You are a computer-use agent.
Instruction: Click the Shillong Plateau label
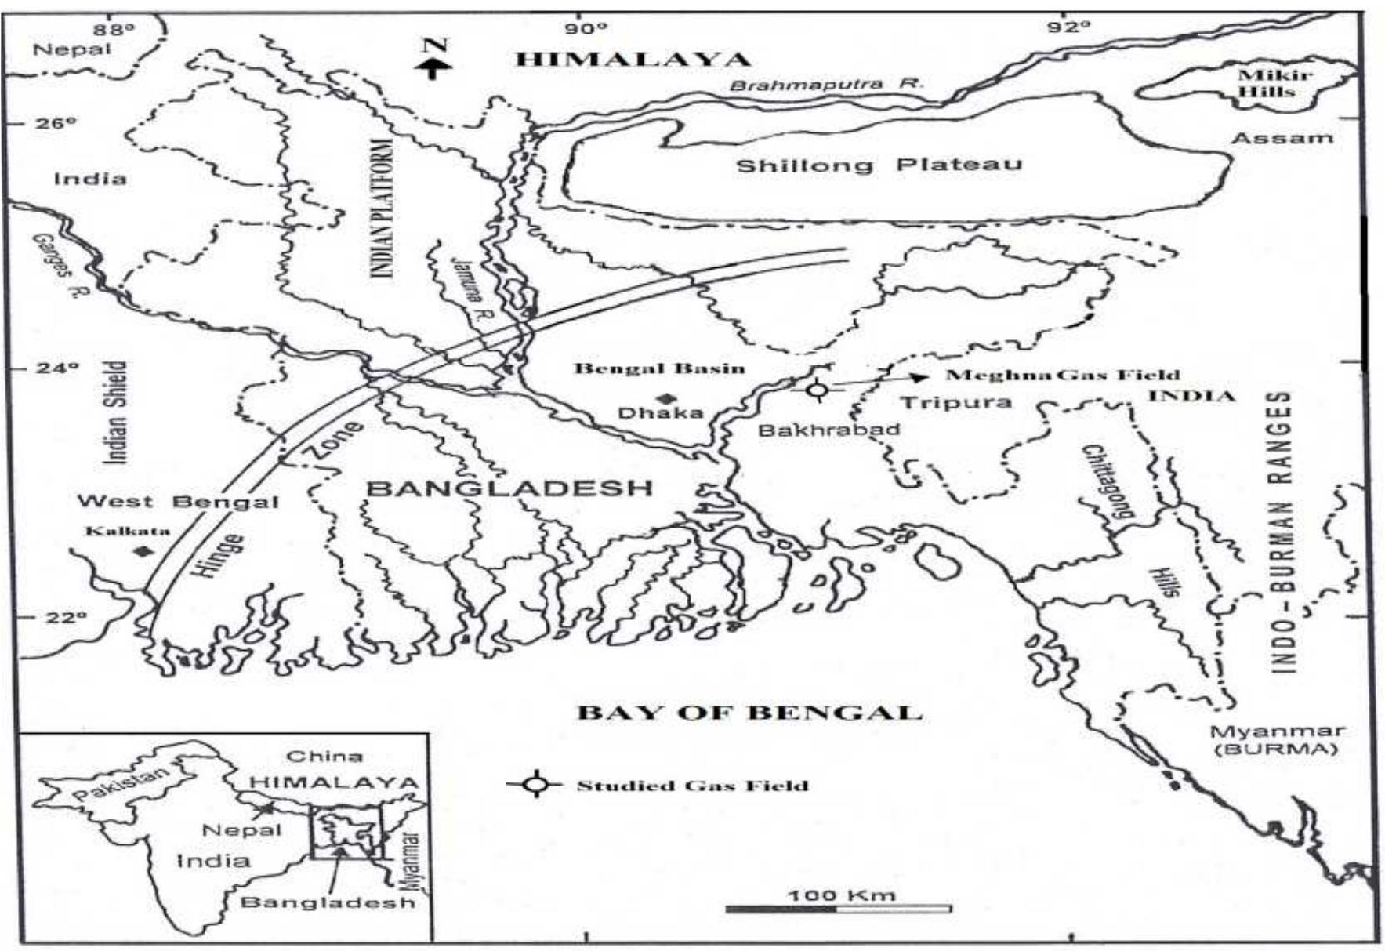click(879, 165)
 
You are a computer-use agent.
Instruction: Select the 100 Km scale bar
click(839, 909)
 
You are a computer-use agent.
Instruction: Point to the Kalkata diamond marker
click(142, 551)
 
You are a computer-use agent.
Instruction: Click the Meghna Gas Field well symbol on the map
click(818, 389)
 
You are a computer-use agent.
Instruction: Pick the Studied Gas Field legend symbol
click(536, 784)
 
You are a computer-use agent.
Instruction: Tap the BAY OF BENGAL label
click(749, 713)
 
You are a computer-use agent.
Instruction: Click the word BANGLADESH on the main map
click(510, 488)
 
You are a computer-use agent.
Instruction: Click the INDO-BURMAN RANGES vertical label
click(1281, 532)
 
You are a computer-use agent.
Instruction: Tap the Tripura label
click(955, 403)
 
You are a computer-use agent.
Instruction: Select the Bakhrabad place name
click(829, 429)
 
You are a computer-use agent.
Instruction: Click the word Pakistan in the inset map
click(120, 783)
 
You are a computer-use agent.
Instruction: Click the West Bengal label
click(178, 502)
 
